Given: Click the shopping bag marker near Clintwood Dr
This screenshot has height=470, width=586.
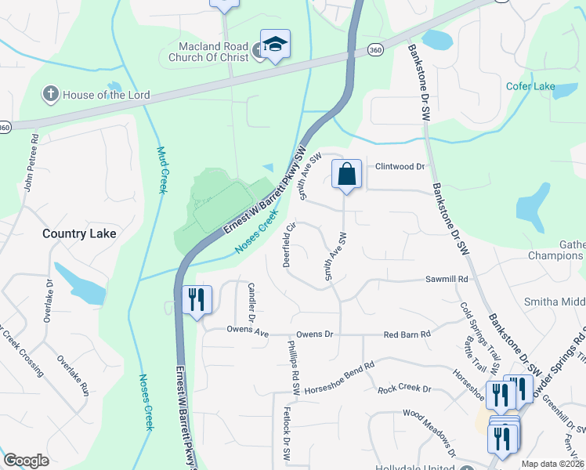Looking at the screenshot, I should coord(346,175).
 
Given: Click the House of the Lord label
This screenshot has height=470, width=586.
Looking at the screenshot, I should coord(107,96).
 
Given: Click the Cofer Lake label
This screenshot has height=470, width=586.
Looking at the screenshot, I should coord(530,86).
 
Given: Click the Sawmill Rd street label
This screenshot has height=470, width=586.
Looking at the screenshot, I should coord(447,279).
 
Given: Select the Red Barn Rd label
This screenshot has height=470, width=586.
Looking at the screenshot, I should coord(407,334).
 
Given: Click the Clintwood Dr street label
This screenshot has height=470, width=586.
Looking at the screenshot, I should coord(399,167).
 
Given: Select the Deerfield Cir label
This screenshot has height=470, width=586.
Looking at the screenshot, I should coord(288,244).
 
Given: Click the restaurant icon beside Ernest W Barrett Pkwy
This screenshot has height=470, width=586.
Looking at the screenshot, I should coord(197,300).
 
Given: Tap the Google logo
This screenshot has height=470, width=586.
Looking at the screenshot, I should coord(27,461).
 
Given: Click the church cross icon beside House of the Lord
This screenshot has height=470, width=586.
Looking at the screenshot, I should coord(51,95).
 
